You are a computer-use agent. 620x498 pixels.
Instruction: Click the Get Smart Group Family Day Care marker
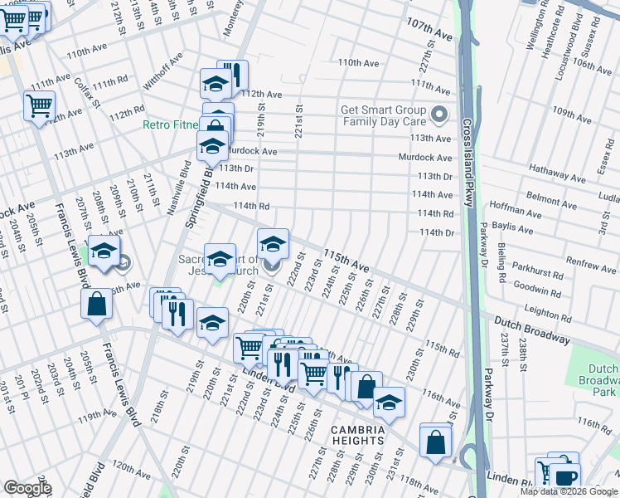(x=440, y=115)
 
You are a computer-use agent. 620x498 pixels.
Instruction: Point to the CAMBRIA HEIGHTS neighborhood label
(x=358, y=435)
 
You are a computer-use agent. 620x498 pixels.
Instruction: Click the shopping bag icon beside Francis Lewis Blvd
(x=97, y=305)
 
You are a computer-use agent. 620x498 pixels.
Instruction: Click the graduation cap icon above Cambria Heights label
(x=387, y=404)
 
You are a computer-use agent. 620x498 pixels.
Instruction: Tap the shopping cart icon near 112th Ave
(x=40, y=107)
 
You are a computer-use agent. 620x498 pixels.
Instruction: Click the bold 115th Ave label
(x=346, y=260)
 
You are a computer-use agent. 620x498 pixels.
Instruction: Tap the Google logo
(x=27, y=488)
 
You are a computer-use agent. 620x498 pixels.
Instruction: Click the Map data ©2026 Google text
(x=568, y=491)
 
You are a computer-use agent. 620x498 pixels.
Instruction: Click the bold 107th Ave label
(x=429, y=32)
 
